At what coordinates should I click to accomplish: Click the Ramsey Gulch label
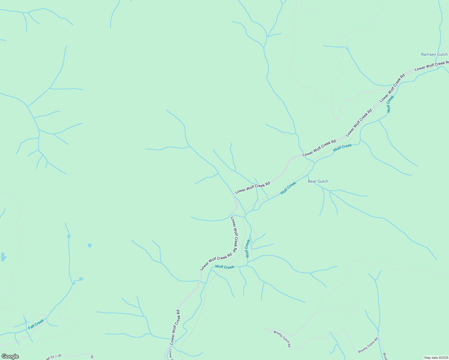434,55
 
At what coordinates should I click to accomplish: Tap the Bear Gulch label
318,181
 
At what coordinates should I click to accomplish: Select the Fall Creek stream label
36,324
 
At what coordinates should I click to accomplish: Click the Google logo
10,356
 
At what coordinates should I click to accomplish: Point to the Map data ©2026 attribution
435,358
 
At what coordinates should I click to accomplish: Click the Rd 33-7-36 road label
54,357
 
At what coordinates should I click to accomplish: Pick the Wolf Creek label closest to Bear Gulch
288,188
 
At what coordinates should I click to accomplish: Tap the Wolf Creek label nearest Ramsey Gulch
390,104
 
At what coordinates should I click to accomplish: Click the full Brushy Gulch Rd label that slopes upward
368,345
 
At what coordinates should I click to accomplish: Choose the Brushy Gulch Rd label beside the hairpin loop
282,339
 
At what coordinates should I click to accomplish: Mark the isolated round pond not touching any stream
89,245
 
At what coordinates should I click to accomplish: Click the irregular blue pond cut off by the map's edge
3,257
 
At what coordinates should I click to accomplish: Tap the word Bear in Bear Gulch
312,181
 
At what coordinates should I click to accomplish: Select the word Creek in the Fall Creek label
40,322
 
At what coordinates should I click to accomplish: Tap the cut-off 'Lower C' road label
171,354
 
